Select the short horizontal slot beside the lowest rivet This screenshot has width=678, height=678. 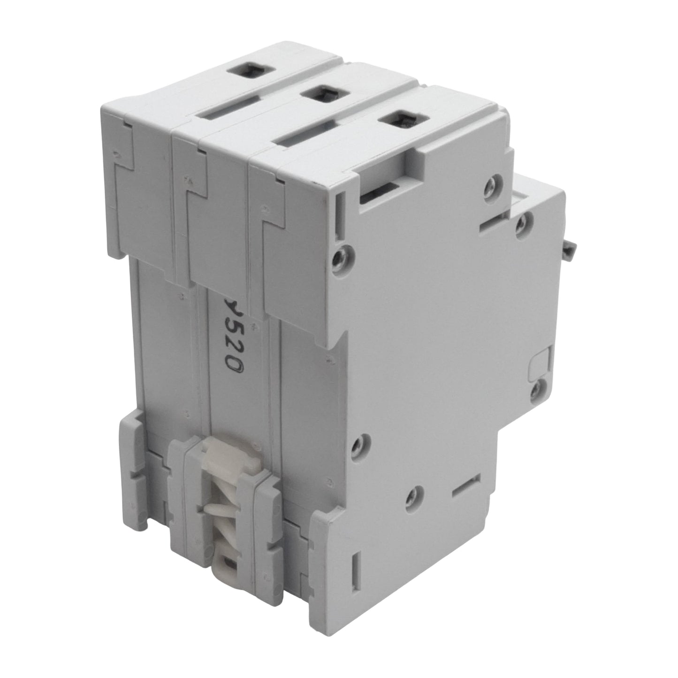coord(465,485)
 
